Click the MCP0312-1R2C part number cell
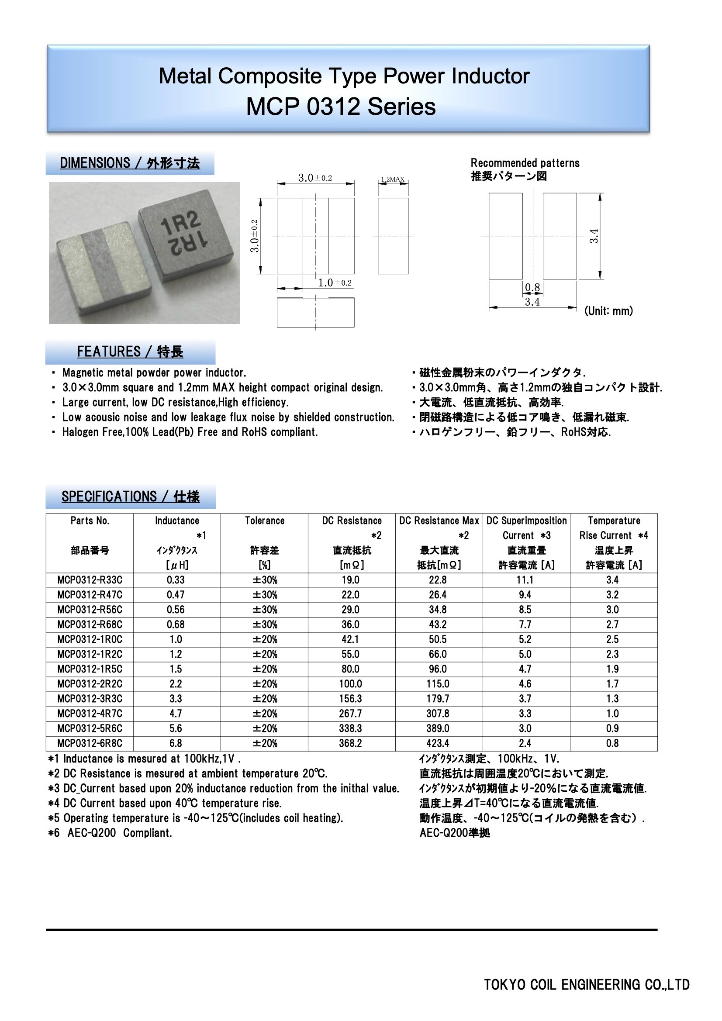coord(90,654)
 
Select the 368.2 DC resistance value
coord(351,743)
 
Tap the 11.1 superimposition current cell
coord(525,580)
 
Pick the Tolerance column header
coord(264,521)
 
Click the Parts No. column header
coord(90,521)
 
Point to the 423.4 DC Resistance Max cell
coord(438,743)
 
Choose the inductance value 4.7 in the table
coord(176,713)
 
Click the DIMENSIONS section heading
coord(130,163)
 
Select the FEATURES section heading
coord(130,352)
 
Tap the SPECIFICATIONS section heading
coord(130,496)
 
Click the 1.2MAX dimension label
coord(393,179)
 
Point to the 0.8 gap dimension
coord(532,287)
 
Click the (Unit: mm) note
coord(608,311)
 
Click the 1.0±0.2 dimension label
coord(335,283)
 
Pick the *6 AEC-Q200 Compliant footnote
coord(111,833)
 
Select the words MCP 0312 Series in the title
coord(341,107)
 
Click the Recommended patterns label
coord(525,163)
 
